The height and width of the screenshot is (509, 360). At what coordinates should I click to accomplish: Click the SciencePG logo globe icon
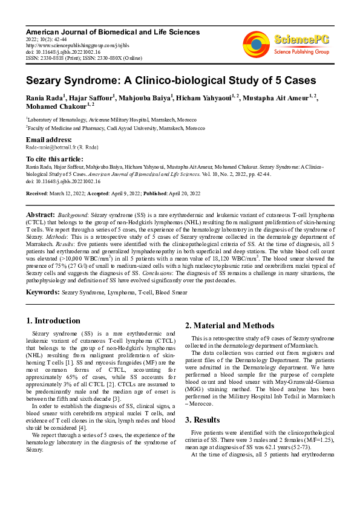(256, 44)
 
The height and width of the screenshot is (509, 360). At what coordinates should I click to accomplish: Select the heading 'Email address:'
(48, 139)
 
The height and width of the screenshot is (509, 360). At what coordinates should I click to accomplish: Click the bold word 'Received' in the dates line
(38, 193)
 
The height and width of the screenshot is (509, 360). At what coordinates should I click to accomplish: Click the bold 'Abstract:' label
(41, 215)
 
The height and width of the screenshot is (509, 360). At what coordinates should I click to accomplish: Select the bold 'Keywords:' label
(42, 293)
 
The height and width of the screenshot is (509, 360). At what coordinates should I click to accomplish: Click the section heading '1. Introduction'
(53, 320)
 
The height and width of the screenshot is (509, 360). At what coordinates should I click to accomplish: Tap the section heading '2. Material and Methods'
(229, 326)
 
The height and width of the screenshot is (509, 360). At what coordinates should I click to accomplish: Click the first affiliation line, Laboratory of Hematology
(105, 120)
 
